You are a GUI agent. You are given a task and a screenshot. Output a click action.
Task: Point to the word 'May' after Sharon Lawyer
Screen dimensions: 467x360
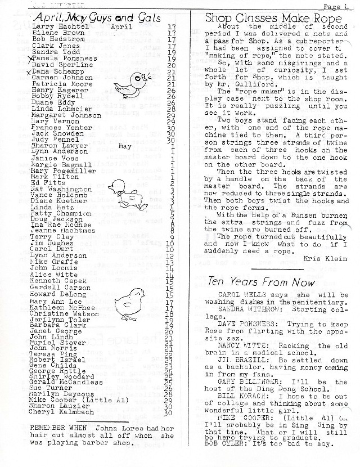(125, 145)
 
